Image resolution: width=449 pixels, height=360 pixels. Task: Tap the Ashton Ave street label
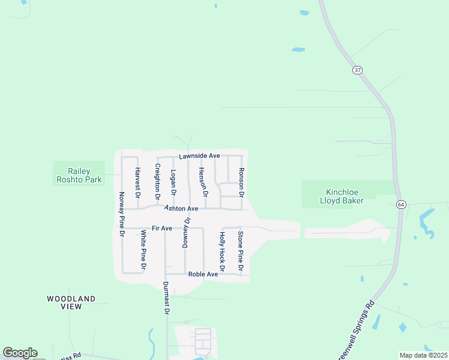(x=181, y=208)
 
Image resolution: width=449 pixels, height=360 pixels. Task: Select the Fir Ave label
(x=162, y=228)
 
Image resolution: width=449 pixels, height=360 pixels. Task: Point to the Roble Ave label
(x=203, y=274)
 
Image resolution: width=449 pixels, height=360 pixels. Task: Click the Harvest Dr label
(x=137, y=183)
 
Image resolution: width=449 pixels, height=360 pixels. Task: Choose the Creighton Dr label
(x=158, y=181)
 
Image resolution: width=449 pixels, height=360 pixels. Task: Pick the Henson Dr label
(x=203, y=182)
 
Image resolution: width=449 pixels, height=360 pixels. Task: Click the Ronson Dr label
(x=242, y=182)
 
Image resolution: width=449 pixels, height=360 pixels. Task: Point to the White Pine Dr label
(x=143, y=249)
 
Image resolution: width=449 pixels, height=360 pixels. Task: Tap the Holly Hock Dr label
(x=222, y=251)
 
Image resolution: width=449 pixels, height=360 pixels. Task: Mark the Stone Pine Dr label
(x=241, y=251)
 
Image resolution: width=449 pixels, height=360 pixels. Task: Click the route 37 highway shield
(x=358, y=70)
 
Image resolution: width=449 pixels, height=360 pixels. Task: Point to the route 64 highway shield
(x=400, y=205)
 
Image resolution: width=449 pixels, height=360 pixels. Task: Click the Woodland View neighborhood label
(x=71, y=302)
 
